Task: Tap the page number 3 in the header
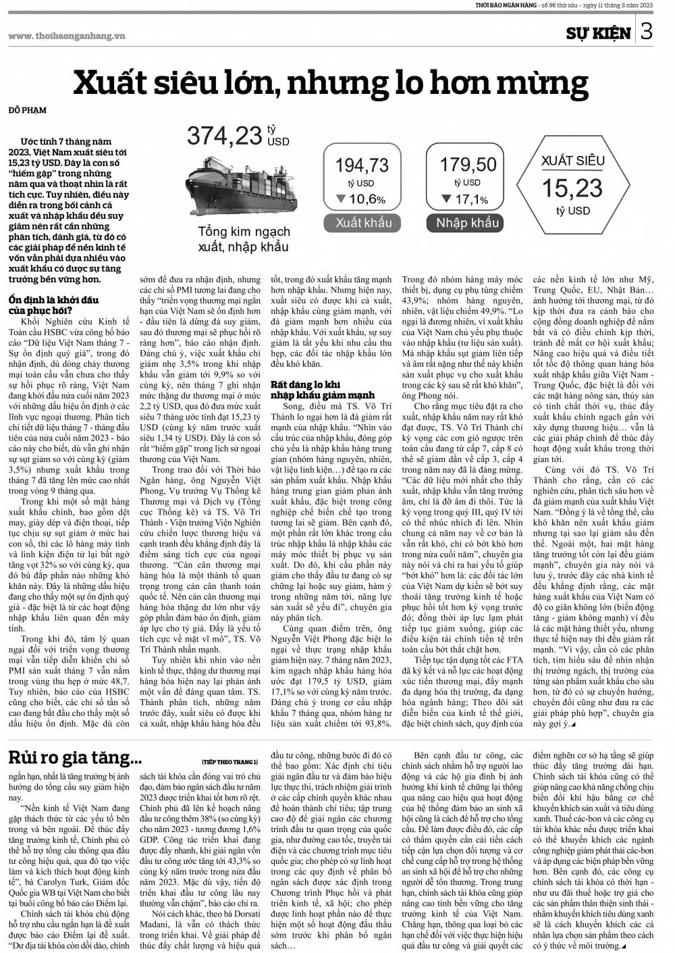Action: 646,32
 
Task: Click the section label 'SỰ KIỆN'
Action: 598,33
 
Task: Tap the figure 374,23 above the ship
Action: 224,135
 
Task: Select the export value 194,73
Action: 362,165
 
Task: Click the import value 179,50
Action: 468,164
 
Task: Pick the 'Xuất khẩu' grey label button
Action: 363,223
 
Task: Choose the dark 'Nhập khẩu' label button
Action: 467,223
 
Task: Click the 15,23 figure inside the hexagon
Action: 572,188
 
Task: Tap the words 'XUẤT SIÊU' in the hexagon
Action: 572,161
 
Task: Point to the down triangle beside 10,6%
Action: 341,199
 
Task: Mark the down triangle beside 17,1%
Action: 446,199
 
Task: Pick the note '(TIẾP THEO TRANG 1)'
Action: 230,761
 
